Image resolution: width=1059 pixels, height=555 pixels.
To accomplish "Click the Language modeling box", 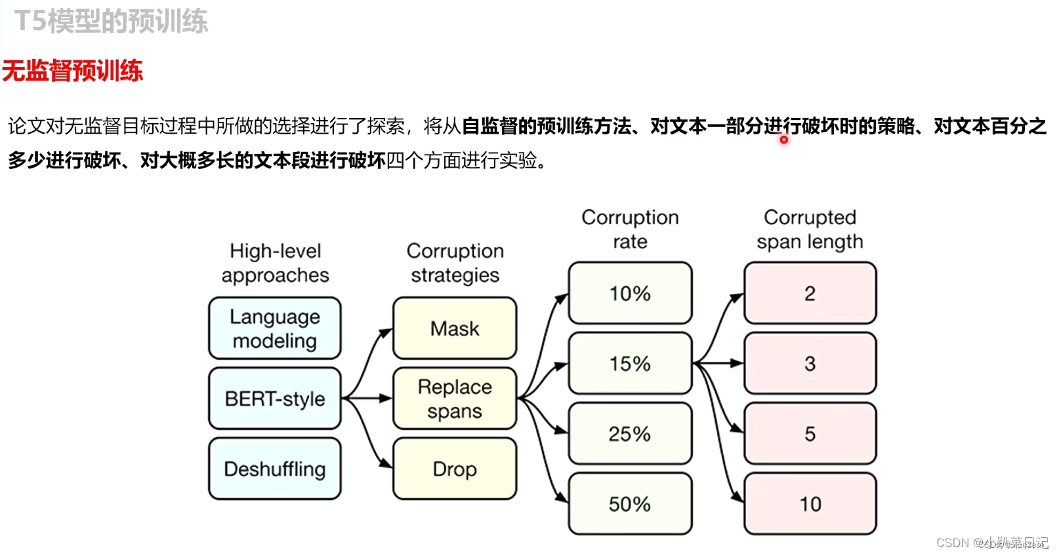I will (x=274, y=328).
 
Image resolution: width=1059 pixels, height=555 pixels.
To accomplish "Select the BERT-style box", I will (x=274, y=398).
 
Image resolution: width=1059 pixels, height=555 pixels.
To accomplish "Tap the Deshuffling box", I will (x=274, y=469).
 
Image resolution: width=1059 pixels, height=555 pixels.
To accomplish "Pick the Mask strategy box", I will (x=455, y=328).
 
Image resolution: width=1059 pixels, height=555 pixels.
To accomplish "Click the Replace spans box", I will (x=455, y=398).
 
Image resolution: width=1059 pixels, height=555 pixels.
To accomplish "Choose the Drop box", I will (x=455, y=469).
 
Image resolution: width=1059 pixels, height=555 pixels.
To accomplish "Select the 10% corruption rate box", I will (x=630, y=293).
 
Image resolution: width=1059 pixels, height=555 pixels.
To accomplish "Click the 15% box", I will (x=630, y=363).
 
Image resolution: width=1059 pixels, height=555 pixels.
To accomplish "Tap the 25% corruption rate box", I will (x=630, y=433).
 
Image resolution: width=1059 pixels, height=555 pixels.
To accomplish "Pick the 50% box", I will (x=630, y=503).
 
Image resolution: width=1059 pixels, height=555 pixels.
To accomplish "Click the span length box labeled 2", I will (x=810, y=293).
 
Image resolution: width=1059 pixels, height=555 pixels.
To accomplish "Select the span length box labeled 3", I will (x=810, y=363).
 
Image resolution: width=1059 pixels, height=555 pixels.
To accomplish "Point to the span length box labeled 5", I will (x=810, y=433).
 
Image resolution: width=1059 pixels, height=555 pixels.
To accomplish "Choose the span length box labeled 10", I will (x=810, y=503).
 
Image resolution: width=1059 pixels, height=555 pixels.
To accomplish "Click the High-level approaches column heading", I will (x=275, y=263).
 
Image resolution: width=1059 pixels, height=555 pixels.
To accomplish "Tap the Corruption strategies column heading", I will (x=455, y=263).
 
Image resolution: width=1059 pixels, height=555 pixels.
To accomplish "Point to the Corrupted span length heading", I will (x=810, y=229).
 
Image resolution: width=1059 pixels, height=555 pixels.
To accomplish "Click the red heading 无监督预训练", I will (x=72, y=71).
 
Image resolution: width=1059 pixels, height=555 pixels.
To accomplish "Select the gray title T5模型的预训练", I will (x=111, y=21).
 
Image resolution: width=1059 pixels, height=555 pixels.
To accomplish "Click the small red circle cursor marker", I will (x=783, y=140).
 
